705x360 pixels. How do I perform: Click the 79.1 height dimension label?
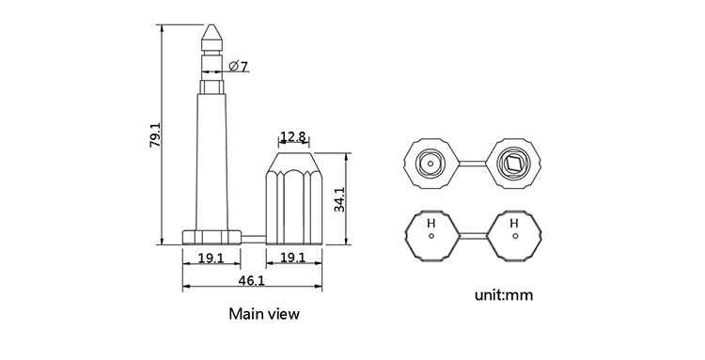[155, 134]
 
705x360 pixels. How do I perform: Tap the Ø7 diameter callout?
[239, 67]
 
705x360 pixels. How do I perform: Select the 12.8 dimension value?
[293, 136]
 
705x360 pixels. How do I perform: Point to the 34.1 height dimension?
[339, 199]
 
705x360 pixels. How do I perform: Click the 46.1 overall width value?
[252, 280]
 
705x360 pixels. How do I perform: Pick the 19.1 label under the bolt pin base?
[211, 258]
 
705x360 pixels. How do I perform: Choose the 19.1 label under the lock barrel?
[293, 258]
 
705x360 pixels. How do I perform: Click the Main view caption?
[264, 314]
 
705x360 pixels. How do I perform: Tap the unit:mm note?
[504, 295]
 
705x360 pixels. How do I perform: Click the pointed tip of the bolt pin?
[211, 24]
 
